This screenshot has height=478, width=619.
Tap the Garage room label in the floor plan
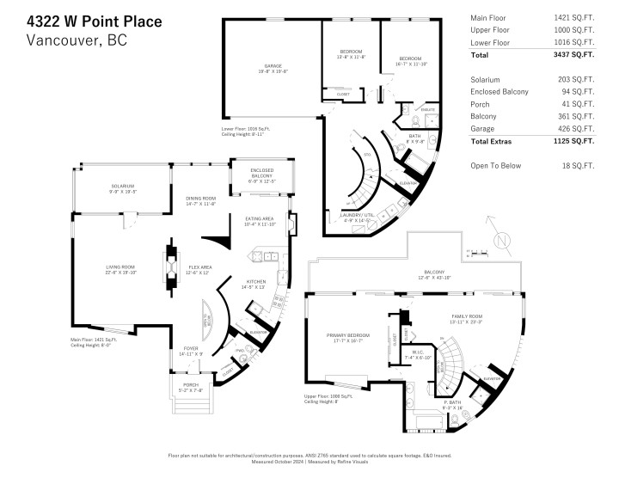click(x=273, y=68)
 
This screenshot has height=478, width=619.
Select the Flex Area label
click(x=200, y=269)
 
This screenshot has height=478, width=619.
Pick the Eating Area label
click(x=259, y=221)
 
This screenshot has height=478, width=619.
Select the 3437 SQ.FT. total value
click(x=573, y=55)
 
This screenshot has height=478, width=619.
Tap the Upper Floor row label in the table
click(x=490, y=29)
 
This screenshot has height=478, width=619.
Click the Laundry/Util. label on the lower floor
click(x=374, y=218)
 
